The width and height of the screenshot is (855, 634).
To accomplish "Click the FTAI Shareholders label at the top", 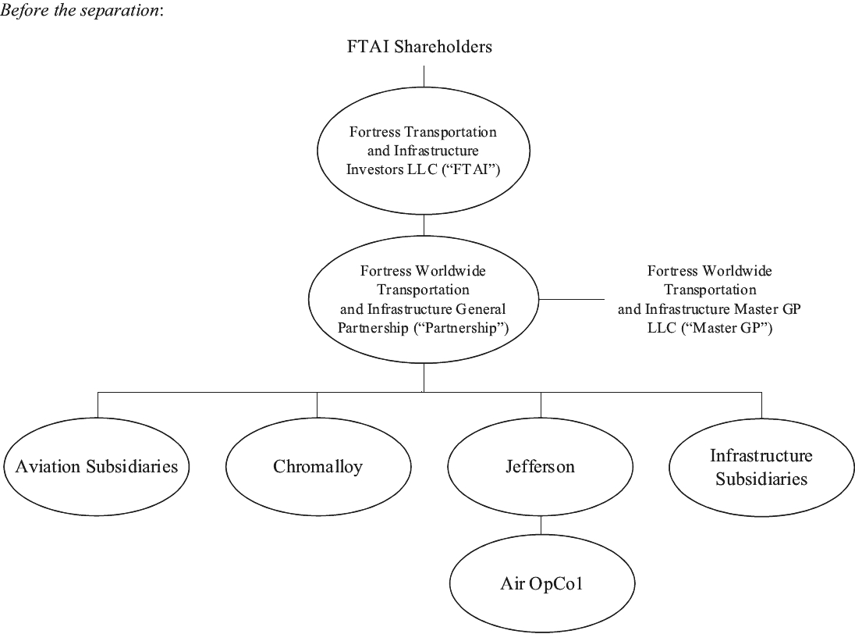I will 420,47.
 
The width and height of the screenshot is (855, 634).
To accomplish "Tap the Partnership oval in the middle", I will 424,300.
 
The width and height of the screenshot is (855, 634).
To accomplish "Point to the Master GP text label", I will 709,300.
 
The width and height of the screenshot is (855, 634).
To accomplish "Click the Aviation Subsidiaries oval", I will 97,467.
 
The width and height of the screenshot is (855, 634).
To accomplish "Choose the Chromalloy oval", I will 318,467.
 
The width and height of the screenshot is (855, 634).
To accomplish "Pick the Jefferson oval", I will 540,467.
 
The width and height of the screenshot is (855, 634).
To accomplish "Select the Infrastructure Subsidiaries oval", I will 761,467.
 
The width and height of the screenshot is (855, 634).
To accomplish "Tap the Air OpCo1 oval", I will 541,584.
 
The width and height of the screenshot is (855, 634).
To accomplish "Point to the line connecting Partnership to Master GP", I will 572,300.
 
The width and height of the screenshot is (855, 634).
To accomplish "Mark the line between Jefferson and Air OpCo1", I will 541,528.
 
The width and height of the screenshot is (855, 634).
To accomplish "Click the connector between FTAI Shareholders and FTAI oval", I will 424,75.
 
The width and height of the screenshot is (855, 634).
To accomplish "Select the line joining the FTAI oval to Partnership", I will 424,225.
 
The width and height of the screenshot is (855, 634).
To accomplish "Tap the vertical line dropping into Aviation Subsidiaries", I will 98,404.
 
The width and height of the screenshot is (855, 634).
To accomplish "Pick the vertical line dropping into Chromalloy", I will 318,404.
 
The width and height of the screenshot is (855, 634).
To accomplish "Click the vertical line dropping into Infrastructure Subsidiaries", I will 761,404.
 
